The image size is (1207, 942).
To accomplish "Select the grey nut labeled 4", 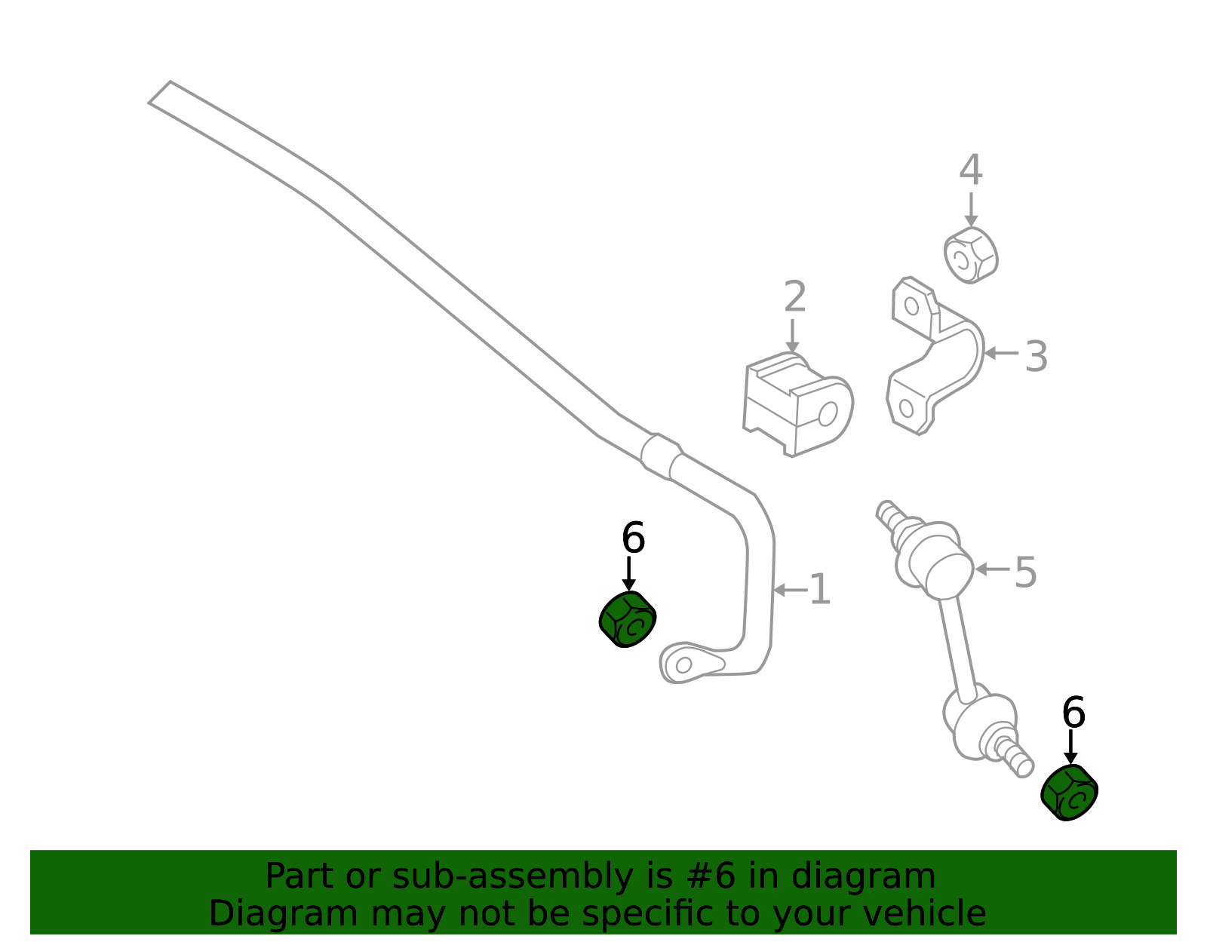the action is click(970, 255).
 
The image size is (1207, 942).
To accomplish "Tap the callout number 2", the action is click(795, 296).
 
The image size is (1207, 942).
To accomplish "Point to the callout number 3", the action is click(1036, 357).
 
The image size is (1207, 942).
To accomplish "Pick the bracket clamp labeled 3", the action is click(935, 355).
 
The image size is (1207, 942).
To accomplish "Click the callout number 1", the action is click(821, 590).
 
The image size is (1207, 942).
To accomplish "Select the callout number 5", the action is click(1025, 572).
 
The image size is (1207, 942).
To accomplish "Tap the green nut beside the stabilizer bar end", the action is click(628, 619).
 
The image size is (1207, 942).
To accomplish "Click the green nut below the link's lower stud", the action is click(1069, 793).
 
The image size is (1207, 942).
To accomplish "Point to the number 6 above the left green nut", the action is click(633, 538).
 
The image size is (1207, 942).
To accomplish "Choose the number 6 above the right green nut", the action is click(1073, 712).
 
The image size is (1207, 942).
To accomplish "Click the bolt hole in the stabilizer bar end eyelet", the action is click(683, 665).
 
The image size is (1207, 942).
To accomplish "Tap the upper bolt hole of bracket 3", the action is click(911, 306).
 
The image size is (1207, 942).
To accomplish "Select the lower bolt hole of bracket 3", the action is click(906, 409).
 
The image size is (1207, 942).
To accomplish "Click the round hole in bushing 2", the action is click(828, 414).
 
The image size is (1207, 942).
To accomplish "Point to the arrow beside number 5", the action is click(992, 569).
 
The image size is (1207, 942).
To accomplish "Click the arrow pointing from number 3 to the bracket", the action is click(1001, 353).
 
